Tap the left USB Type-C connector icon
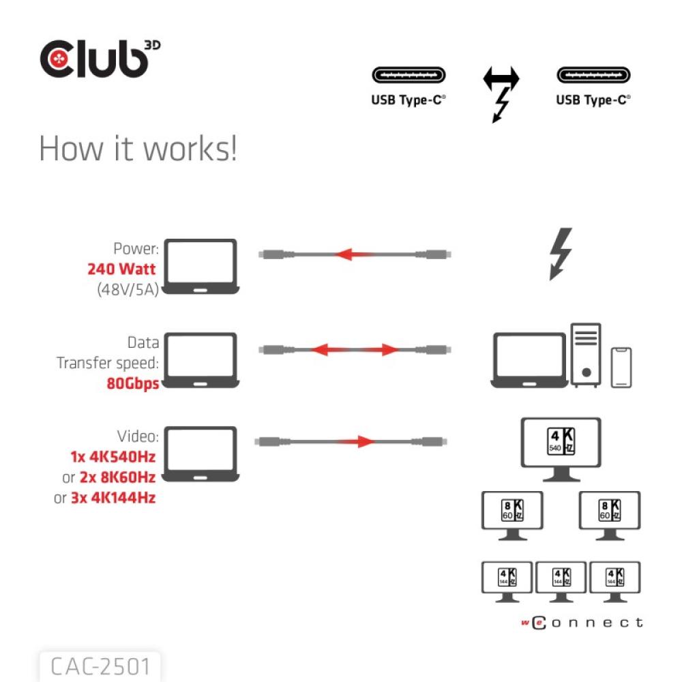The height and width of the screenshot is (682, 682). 409,75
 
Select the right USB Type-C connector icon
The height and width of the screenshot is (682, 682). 593,75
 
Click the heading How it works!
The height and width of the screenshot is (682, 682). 138,149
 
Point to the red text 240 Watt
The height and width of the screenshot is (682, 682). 121,269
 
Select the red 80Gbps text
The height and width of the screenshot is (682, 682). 132,383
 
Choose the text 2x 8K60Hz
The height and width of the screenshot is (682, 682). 117,477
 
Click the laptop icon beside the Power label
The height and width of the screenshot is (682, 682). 202,267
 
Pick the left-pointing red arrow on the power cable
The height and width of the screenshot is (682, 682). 352,254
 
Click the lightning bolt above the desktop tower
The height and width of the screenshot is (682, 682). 561,254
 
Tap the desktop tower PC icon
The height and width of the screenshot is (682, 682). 586,355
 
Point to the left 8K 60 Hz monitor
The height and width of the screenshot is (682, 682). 512,515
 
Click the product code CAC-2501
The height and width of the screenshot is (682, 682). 100,666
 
